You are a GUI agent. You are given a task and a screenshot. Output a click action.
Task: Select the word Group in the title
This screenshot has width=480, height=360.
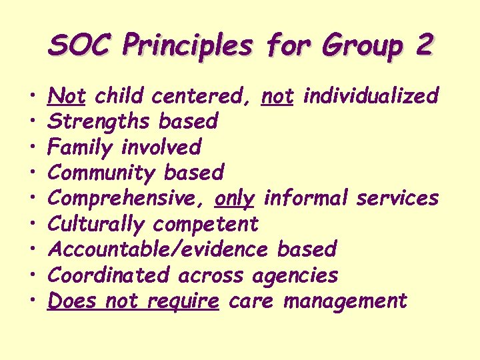(x=360, y=45)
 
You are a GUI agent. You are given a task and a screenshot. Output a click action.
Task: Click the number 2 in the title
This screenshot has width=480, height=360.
(x=423, y=45)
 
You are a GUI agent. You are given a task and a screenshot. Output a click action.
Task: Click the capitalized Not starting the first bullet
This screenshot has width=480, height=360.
(x=66, y=96)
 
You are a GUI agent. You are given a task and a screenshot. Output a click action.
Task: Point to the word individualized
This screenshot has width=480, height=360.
(x=371, y=96)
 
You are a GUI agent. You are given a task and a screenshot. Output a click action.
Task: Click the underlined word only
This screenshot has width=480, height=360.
(x=235, y=198)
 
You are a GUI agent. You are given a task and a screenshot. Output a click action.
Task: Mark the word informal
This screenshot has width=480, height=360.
(x=307, y=198)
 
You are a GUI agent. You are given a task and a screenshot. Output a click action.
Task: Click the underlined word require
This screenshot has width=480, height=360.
(x=182, y=301)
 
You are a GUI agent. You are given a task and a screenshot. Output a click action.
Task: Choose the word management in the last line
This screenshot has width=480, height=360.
(x=345, y=301)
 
